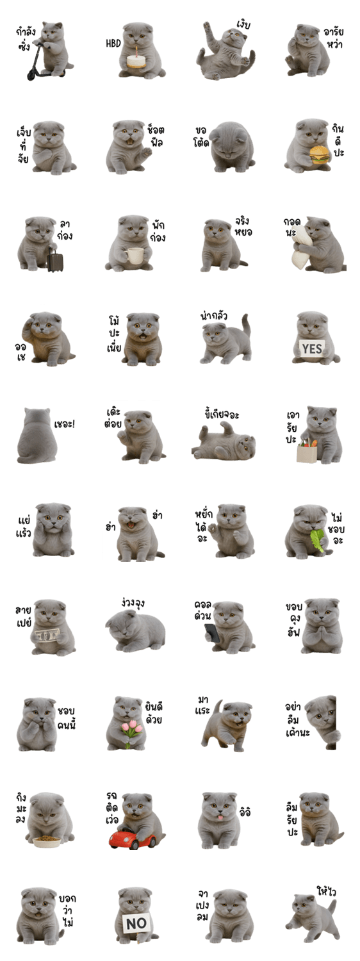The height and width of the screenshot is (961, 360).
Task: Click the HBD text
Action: pyautogui.click(x=113, y=44)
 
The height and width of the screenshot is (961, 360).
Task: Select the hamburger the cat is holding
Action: pyautogui.click(x=320, y=155)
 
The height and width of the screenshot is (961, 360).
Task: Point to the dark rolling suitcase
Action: pyautogui.click(x=55, y=259)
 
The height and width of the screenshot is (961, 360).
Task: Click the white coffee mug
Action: pyautogui.click(x=135, y=255)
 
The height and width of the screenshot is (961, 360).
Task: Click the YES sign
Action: pyautogui.click(x=312, y=349)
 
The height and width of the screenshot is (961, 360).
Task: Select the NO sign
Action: pyautogui.click(x=136, y=923)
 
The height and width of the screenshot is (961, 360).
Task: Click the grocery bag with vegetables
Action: pyautogui.click(x=307, y=450)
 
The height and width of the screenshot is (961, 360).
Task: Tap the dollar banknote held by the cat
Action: pyautogui.click(x=46, y=636)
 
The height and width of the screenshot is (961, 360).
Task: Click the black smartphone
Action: pyautogui.click(x=211, y=633)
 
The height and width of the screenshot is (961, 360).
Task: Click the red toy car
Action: pyautogui.click(x=132, y=838)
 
